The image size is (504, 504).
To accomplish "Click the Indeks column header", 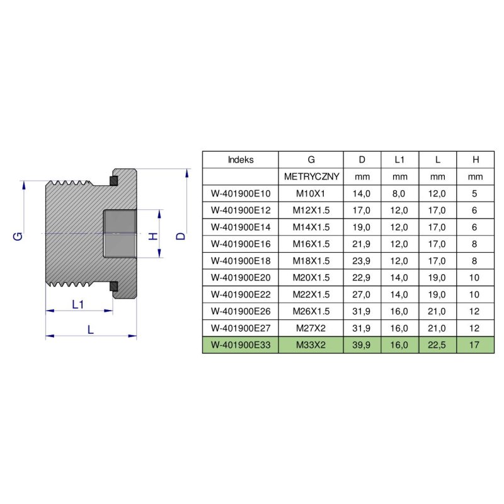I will point(240,160).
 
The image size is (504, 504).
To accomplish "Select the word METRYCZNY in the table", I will point(311,177).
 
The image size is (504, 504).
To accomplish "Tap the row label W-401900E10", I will point(240,193).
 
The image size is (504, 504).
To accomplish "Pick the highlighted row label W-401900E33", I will point(240,345).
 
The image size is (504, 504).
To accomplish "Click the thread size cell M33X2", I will point(311,345).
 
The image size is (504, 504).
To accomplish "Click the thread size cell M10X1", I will point(311,193).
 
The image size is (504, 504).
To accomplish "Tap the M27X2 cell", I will point(311,328).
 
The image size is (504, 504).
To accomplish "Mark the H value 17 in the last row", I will point(476,345).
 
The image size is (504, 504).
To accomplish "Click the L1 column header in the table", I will point(400,160).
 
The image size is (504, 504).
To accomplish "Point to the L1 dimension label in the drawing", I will point(78,305).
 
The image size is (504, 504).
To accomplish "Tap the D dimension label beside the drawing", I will point(181,236).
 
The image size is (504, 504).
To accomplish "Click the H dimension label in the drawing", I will point(152,236).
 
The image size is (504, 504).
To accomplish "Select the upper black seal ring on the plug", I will point(113,181).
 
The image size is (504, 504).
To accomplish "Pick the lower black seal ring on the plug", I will point(113,287).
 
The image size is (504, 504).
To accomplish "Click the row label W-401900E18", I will point(240,261).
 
